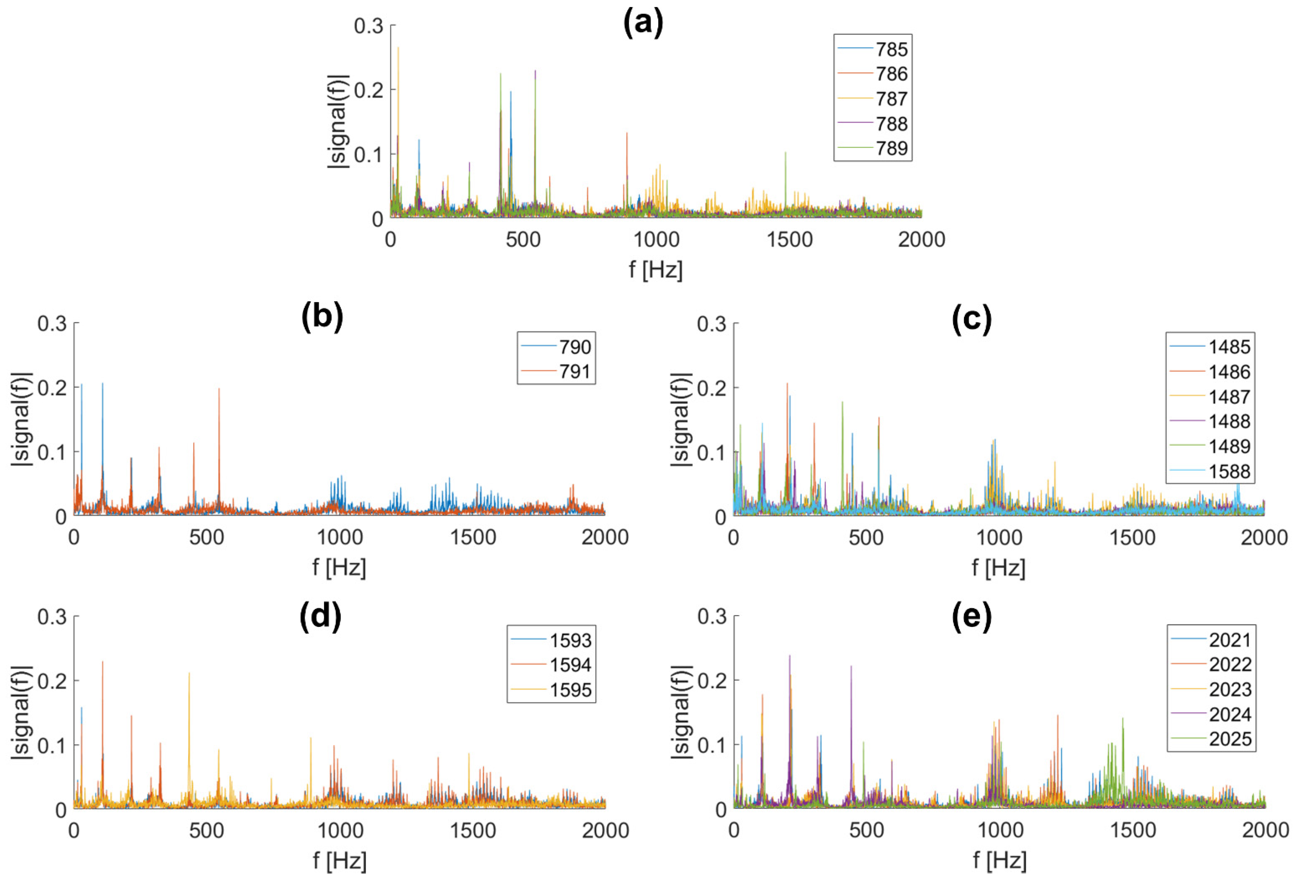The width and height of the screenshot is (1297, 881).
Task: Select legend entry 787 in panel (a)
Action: [x=891, y=99]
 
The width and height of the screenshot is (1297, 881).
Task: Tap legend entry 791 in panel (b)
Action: [x=575, y=371]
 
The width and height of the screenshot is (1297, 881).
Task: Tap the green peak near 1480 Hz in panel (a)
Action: [x=785, y=152]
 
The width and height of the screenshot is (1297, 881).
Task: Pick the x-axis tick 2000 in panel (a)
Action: [x=921, y=239]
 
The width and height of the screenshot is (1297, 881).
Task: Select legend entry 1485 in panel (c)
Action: [x=1229, y=347]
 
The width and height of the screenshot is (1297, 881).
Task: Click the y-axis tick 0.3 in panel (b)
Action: [x=52, y=323]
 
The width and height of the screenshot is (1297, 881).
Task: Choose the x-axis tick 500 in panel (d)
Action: [x=206, y=831]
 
